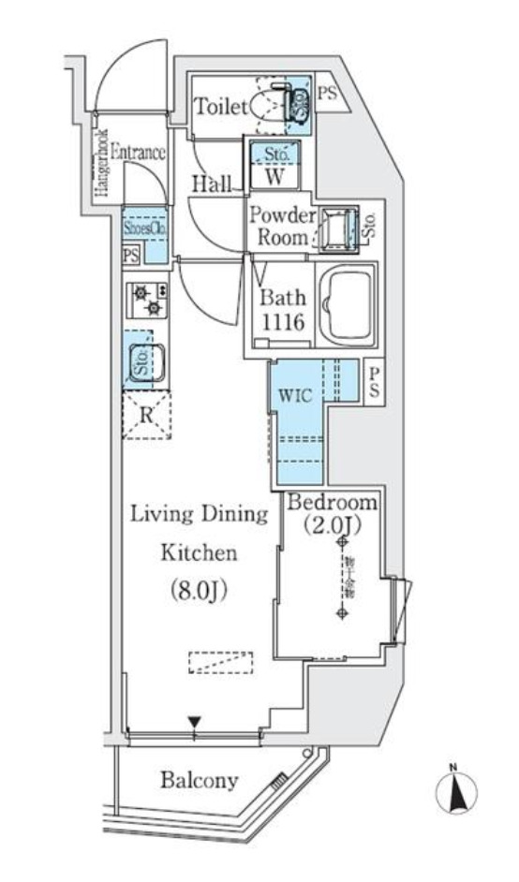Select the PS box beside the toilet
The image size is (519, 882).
point(326,93)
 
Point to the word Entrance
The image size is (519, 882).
point(138,153)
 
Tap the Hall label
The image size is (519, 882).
point(212,185)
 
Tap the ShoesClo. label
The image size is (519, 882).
point(144,226)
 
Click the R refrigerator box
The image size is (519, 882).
point(146,415)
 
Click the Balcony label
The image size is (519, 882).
point(198,779)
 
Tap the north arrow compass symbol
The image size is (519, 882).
point(455,792)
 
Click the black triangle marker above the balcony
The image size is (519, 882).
point(194,722)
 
